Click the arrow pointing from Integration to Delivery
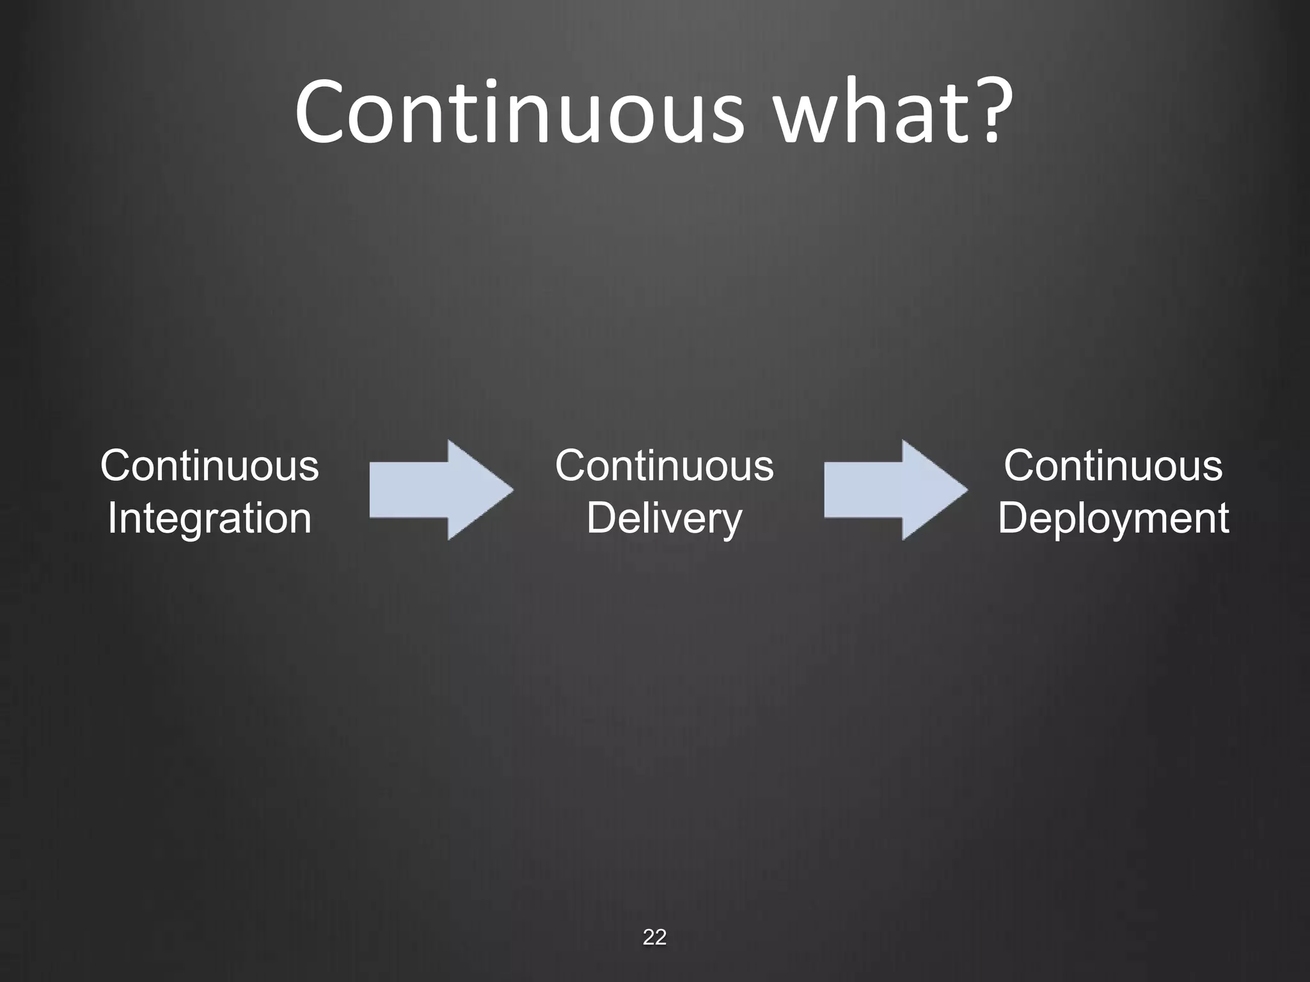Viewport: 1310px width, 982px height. pos(441,490)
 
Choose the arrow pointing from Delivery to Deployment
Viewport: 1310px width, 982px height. pos(896,490)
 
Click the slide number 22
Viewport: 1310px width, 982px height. pos(654,937)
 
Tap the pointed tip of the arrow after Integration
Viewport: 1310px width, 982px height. pos(510,490)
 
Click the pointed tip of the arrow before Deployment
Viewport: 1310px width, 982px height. pos(964,490)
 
